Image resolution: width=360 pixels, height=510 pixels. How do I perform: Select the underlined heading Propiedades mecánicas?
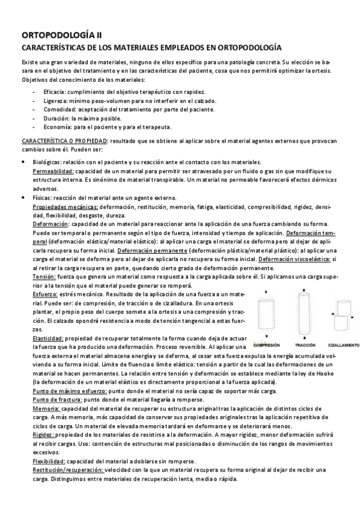tap(65, 206)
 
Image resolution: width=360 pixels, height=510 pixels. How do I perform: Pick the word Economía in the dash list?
tap(56, 127)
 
